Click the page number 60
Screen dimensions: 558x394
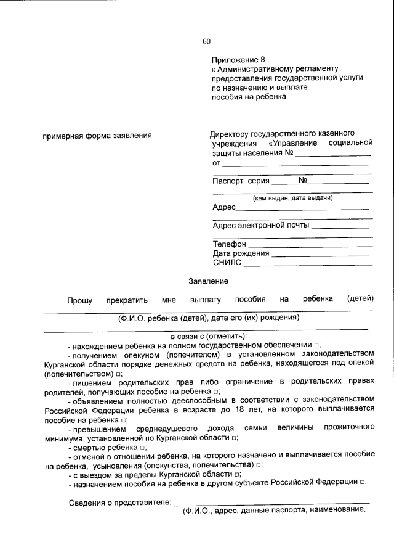pos(206,41)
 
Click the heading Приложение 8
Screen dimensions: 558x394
pos(238,60)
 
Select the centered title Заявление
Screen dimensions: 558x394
pos(208,281)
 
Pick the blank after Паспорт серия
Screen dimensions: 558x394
pos(284,182)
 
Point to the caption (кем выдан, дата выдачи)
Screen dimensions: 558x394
pos(293,198)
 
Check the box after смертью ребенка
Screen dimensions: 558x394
pos(142,447)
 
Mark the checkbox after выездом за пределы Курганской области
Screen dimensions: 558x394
pos(238,475)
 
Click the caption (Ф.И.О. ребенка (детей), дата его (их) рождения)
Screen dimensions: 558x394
pos(209,318)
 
